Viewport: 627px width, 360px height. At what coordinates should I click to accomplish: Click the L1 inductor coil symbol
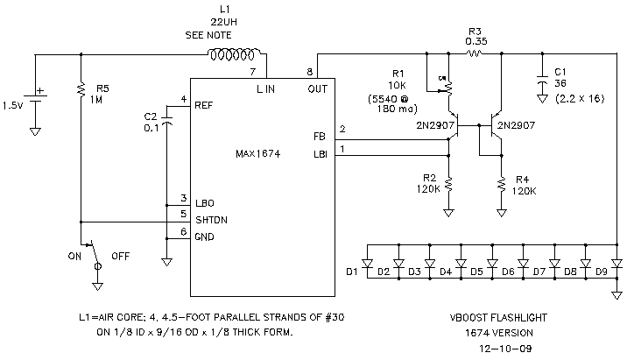231,55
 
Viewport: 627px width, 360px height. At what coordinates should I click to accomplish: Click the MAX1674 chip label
257,153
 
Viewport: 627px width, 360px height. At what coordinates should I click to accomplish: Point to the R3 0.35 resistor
475,53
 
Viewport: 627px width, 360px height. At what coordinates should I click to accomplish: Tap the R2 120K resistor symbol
448,185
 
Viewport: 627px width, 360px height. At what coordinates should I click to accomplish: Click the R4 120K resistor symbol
501,185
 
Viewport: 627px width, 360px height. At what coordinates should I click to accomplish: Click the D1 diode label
352,272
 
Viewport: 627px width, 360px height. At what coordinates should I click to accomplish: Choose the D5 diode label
476,272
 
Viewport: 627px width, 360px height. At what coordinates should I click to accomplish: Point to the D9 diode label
601,272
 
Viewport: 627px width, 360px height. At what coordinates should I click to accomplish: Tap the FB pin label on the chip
318,137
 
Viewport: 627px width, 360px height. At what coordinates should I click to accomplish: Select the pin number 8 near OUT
309,71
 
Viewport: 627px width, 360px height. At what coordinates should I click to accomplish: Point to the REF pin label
204,104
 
